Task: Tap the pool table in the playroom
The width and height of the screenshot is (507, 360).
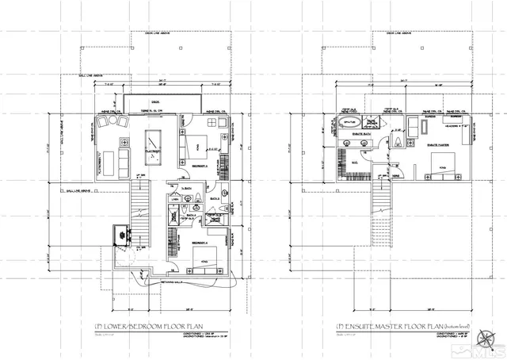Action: (x=152, y=142)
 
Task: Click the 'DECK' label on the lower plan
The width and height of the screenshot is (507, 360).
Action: (x=155, y=101)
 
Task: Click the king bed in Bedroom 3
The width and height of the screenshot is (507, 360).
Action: (x=198, y=146)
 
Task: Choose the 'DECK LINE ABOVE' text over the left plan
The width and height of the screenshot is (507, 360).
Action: (x=158, y=33)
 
